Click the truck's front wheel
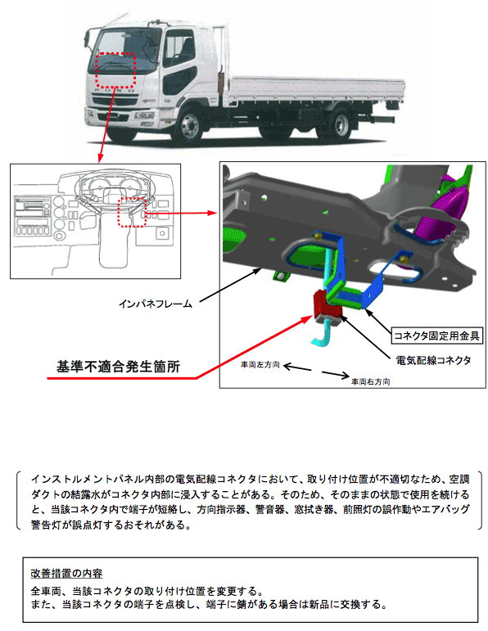(x=189, y=125)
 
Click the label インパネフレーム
(x=156, y=304)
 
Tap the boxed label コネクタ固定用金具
(x=436, y=336)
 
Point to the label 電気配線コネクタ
(x=433, y=360)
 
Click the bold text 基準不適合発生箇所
(x=118, y=367)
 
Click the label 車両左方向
(x=260, y=364)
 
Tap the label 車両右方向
(x=370, y=381)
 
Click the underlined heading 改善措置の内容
(x=66, y=573)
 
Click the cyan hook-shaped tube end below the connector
(x=323, y=336)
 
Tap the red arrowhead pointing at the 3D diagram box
(x=212, y=213)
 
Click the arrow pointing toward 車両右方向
(x=336, y=374)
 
